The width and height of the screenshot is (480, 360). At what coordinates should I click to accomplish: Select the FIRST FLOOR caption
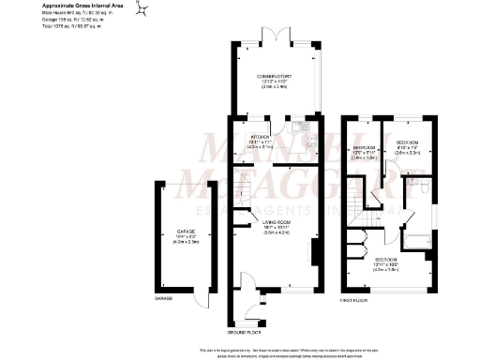353,301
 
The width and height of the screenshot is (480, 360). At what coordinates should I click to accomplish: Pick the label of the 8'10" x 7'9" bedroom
408,144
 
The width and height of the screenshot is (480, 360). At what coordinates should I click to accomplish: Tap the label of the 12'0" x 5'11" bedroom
363,154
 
